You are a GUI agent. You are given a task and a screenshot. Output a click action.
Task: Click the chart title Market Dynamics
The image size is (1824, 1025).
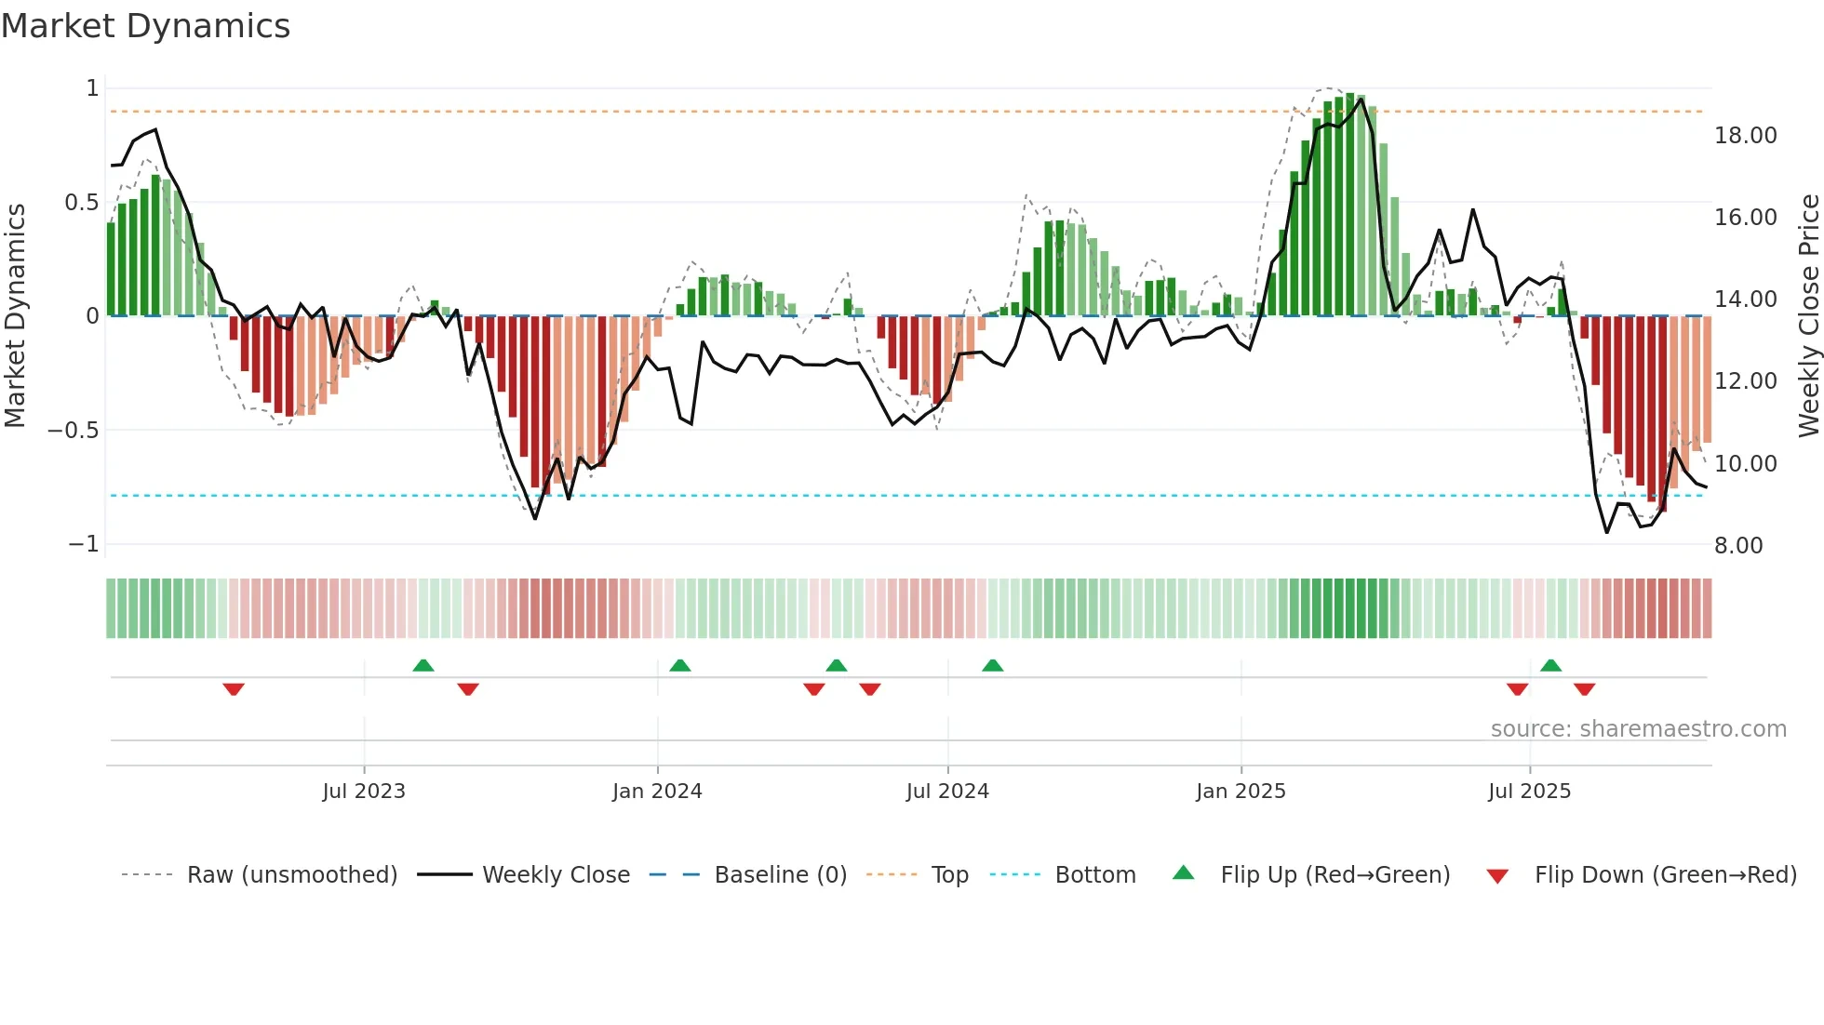pos(146,26)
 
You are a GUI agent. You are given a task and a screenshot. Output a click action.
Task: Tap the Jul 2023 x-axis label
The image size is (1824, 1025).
pos(364,792)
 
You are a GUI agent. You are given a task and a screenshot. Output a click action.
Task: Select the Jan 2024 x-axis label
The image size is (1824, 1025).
pos(657,792)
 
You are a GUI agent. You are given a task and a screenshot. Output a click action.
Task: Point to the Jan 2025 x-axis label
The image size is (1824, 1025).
pos(1241,792)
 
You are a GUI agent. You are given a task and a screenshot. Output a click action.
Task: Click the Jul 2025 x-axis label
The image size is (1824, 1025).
pos(1529,792)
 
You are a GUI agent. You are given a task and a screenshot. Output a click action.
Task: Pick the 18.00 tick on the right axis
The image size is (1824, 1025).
pos(1746,136)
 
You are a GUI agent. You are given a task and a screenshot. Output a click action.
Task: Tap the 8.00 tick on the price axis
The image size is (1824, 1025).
pos(1738,546)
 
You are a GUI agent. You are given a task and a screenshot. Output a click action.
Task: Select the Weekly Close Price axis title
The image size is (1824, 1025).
pos(1808,316)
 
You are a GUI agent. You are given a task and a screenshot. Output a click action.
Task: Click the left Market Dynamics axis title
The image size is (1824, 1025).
pos(15,316)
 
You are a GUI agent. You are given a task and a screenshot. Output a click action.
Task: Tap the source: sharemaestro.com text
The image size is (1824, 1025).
pos(1638,729)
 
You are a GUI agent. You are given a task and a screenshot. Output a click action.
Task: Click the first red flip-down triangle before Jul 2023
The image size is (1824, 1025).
pos(234,689)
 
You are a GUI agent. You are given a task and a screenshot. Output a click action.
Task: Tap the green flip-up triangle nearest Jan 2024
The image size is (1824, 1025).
pos(680,665)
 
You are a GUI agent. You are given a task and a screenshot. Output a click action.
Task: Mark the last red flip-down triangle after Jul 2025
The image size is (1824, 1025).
pos(1584,689)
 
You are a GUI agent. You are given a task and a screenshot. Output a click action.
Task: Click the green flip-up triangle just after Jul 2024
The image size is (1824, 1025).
pos(993,665)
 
